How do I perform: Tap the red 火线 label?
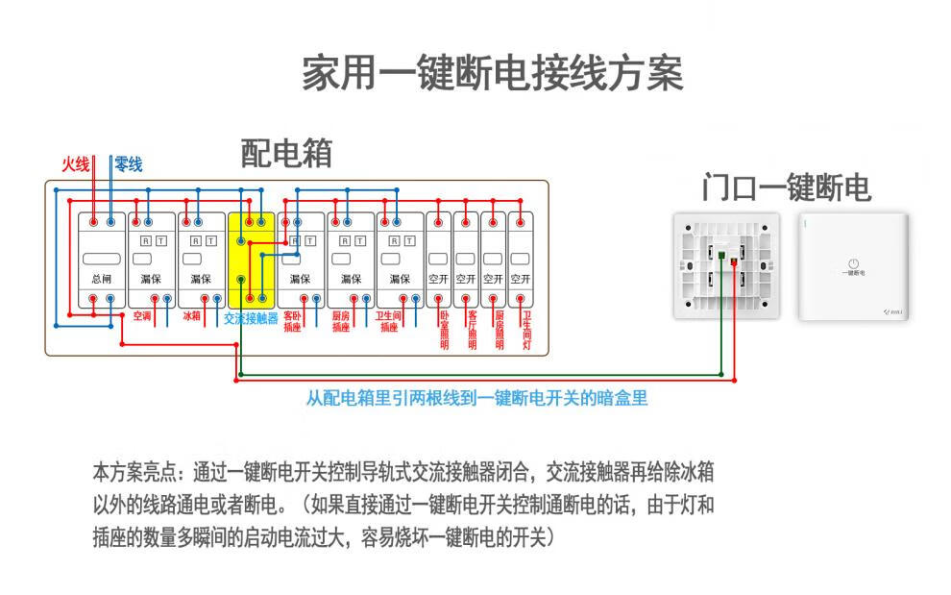click(x=75, y=164)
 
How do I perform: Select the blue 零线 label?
click(x=128, y=164)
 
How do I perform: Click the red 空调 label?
click(x=141, y=315)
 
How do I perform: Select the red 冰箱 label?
click(x=191, y=315)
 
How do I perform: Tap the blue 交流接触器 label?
click(x=251, y=318)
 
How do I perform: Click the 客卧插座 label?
click(x=292, y=321)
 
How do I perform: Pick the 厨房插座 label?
click(x=341, y=321)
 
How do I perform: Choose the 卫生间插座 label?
click(x=388, y=321)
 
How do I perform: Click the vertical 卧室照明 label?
click(x=444, y=330)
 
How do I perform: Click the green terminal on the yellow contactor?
click(x=241, y=280)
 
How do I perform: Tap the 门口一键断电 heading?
click(x=785, y=187)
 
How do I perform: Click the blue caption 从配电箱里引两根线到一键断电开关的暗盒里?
click(x=476, y=398)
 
